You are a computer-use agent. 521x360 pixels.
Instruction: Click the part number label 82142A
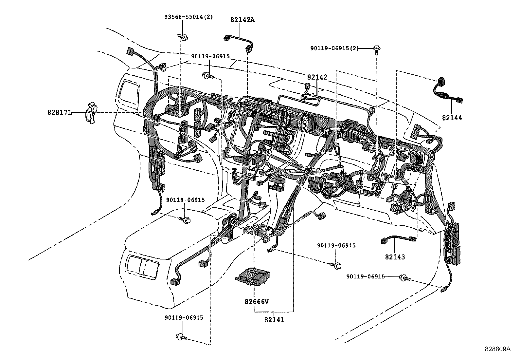point(243,20)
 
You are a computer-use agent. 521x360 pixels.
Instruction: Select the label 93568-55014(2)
point(188,17)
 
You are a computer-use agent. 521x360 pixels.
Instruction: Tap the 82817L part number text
point(59,112)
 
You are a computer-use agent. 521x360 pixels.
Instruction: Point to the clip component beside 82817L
point(91,113)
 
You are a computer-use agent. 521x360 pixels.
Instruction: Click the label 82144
point(452,118)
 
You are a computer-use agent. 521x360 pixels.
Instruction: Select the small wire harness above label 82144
point(447,91)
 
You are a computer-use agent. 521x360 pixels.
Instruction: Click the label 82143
point(395,257)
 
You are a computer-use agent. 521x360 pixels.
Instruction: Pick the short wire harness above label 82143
point(398,239)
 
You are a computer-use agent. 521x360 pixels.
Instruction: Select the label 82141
point(274,320)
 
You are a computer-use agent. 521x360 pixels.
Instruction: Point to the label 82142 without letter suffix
point(317,78)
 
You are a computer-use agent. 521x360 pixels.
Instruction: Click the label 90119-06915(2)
point(334,48)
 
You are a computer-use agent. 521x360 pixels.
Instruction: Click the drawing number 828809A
point(497,349)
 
